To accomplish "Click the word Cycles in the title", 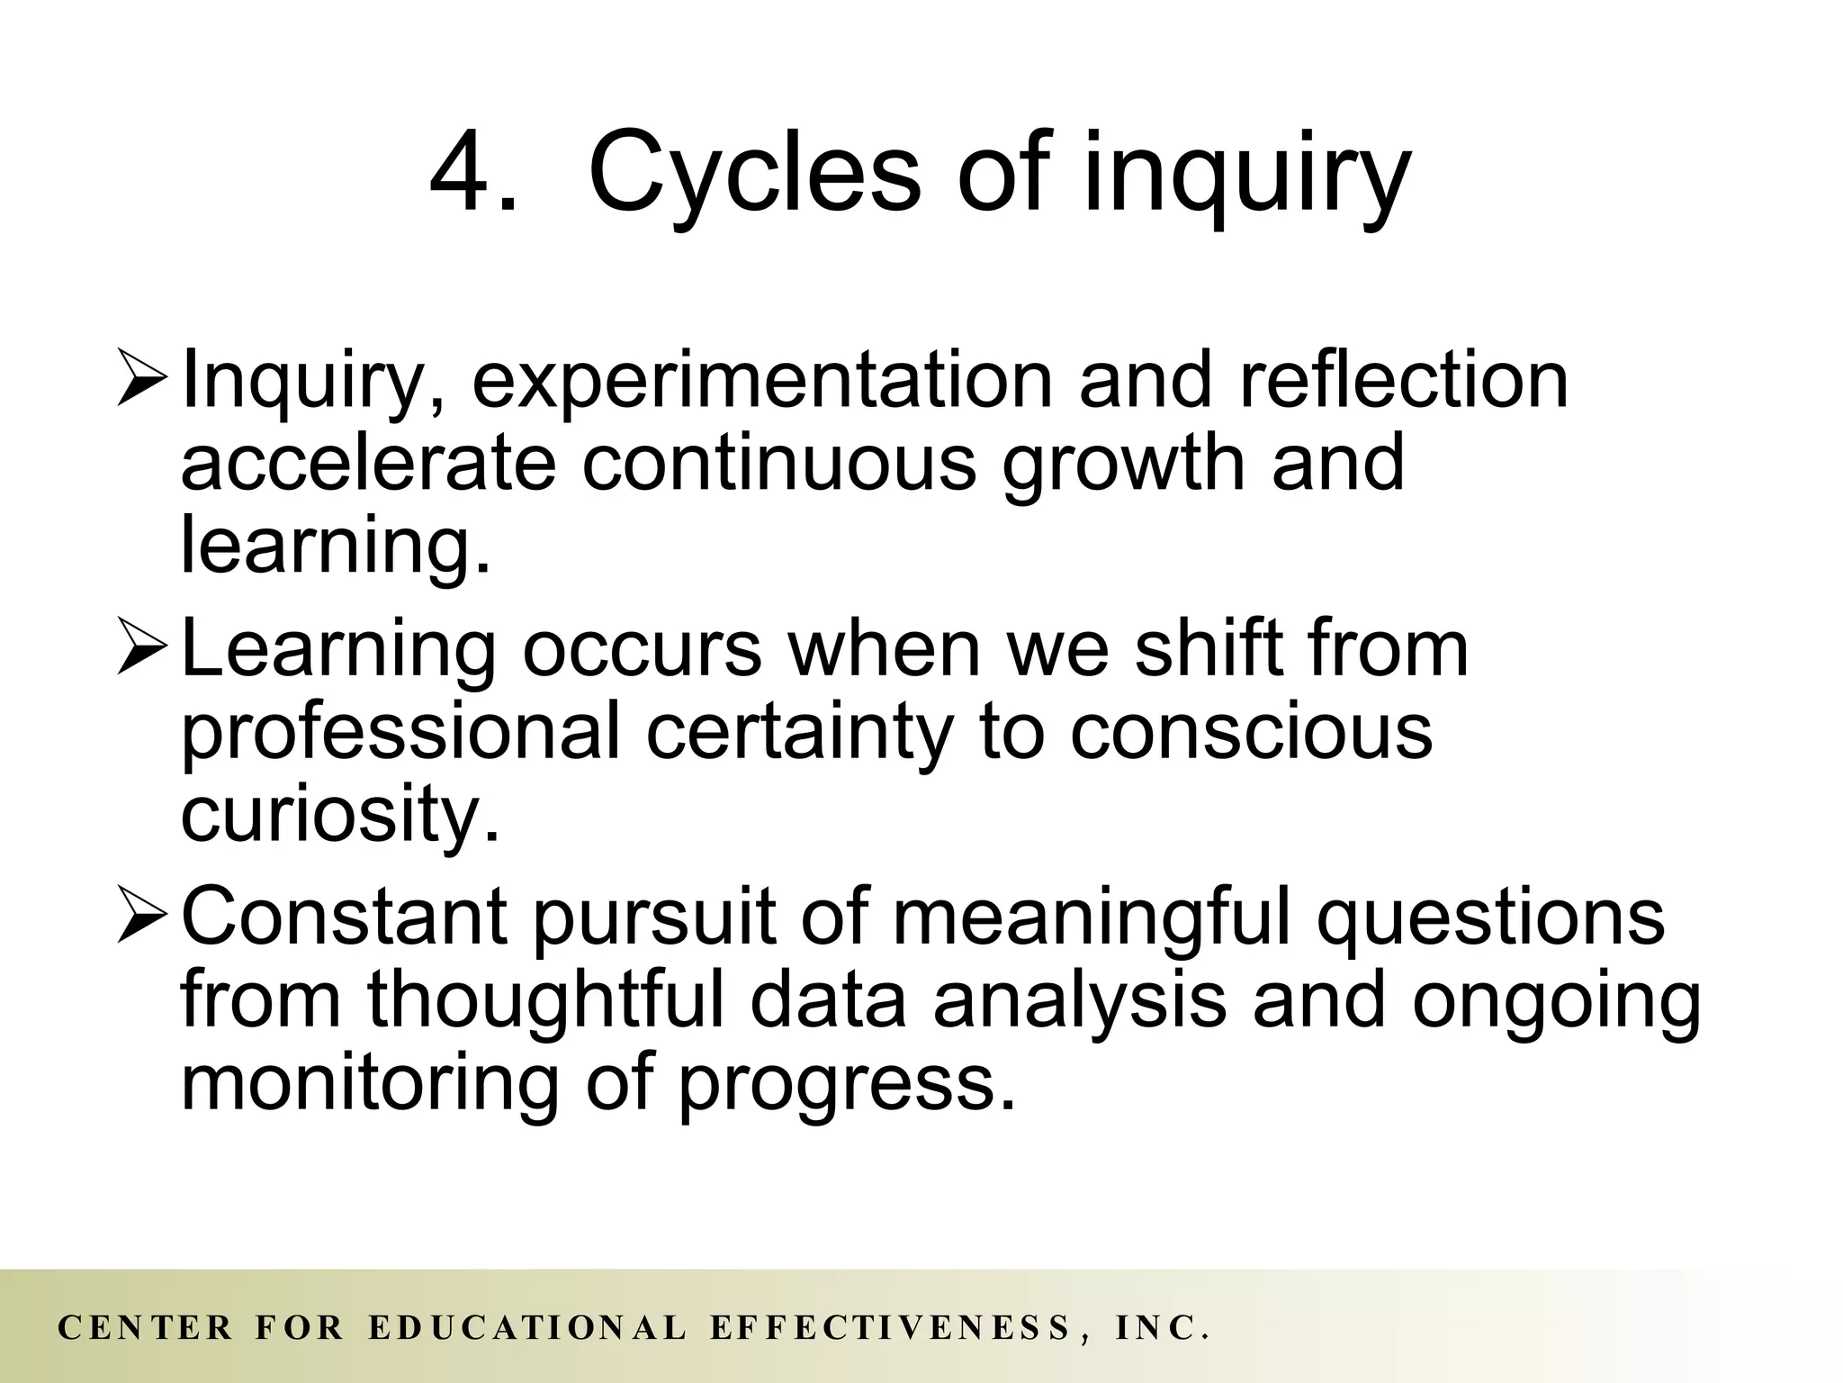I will [x=754, y=173].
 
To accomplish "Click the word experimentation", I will [x=761, y=383].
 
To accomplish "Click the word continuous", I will [x=778, y=462].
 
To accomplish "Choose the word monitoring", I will [x=370, y=1085].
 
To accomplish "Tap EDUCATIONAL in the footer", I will [x=527, y=1328].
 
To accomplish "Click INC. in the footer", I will [x=1161, y=1328].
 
